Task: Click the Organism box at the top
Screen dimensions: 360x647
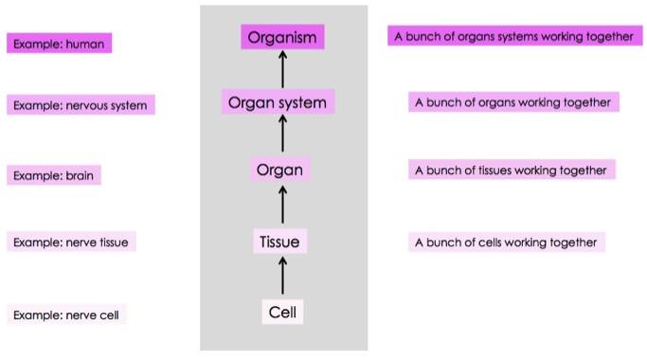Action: pos(282,37)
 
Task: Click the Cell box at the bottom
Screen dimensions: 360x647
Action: pos(282,312)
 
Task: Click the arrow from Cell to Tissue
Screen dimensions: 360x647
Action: pos(282,277)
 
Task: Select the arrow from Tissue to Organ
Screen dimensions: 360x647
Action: pos(282,207)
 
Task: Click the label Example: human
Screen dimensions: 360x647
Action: pos(59,44)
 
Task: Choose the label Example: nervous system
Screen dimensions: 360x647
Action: pos(81,105)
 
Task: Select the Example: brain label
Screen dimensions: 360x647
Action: pos(54,176)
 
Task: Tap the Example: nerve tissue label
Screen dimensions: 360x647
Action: pos(71,243)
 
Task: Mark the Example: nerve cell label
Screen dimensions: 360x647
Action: pos(66,315)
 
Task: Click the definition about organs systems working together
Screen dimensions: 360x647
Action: pos(512,36)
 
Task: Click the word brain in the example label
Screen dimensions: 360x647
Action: pos(80,176)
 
